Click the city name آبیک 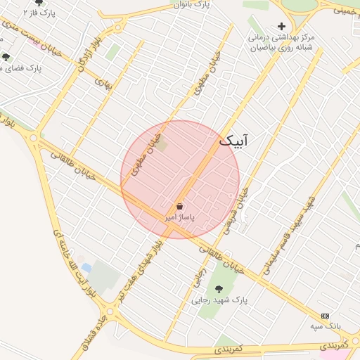tap(233, 141)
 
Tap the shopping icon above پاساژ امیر tap(180, 207)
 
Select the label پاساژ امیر tap(179, 218)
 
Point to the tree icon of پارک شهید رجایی tap(219, 288)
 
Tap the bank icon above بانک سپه tap(325, 316)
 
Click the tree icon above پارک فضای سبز tap(6, 58)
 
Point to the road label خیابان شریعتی tap(236, 210)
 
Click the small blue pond tap(86, 267)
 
